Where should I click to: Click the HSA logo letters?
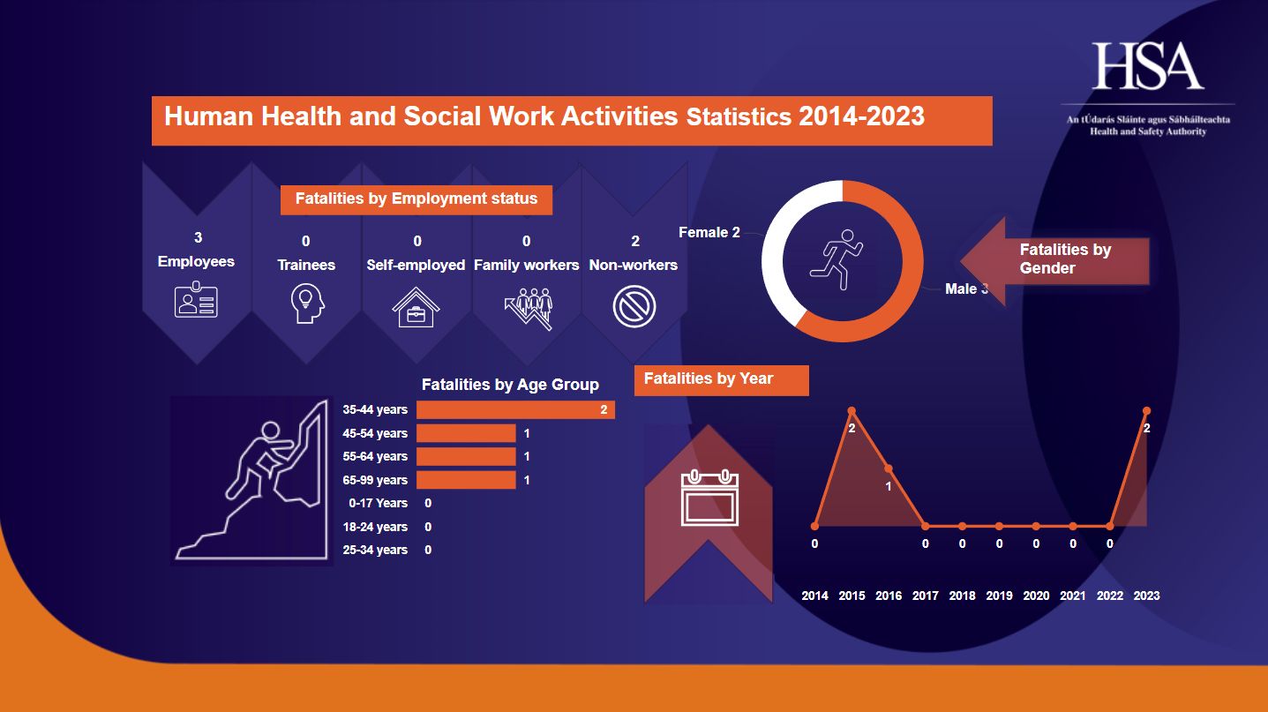[1148, 66]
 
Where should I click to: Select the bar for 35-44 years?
[515, 409]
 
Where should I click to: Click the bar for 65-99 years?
[466, 480]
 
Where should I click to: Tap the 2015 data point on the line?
[852, 410]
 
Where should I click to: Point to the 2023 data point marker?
[1146, 410]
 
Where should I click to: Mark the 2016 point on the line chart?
[889, 468]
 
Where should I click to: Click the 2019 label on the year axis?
[999, 596]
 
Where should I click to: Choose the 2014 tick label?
[814, 596]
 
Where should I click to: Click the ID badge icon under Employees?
[196, 301]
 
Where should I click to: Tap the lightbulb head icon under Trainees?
[307, 304]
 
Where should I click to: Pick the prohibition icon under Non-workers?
[634, 307]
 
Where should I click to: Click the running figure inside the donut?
[842, 260]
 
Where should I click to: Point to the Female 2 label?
[709, 233]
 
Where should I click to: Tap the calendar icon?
[709, 499]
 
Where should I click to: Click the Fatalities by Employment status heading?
[416, 199]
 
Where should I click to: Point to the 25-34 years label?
[375, 550]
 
